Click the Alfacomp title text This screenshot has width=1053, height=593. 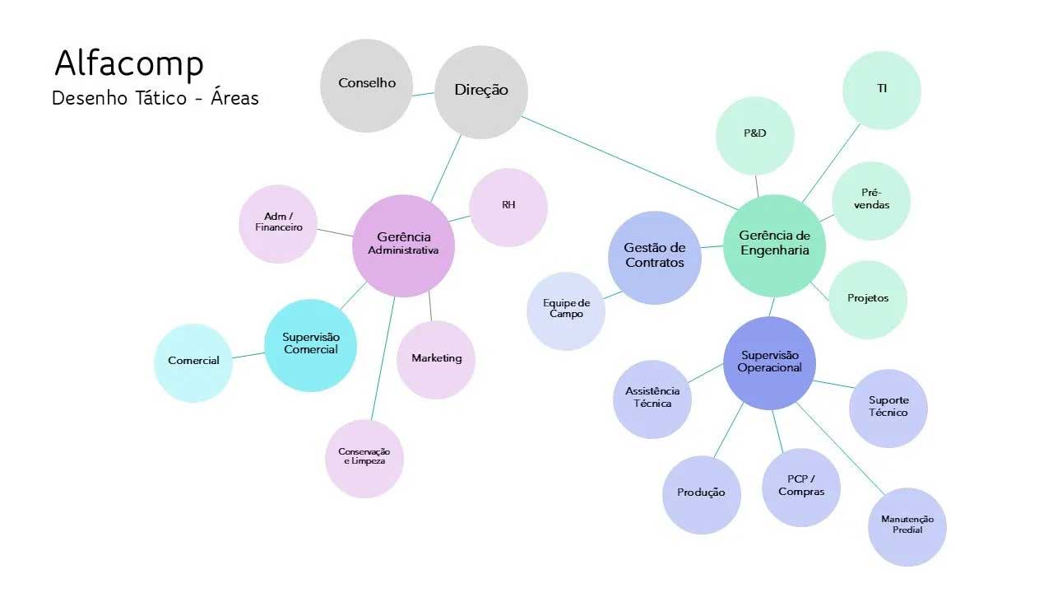pos(129,63)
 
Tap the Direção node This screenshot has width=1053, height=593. pos(481,91)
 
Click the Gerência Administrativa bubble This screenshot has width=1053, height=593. pos(403,245)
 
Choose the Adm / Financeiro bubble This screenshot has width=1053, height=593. pos(278,223)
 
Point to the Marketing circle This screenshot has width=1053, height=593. pos(436,359)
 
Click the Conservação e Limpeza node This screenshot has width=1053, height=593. pos(364,458)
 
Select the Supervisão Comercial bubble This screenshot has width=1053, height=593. pos(311,344)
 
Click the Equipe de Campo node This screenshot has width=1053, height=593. pos(566,311)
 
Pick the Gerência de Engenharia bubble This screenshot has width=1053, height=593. pos(774,245)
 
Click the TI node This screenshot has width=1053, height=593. pos(881,90)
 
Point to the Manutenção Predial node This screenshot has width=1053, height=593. pos(907,525)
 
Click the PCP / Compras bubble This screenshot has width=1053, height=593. pos(801,487)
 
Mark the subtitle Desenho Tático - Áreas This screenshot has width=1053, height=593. pos(155,99)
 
